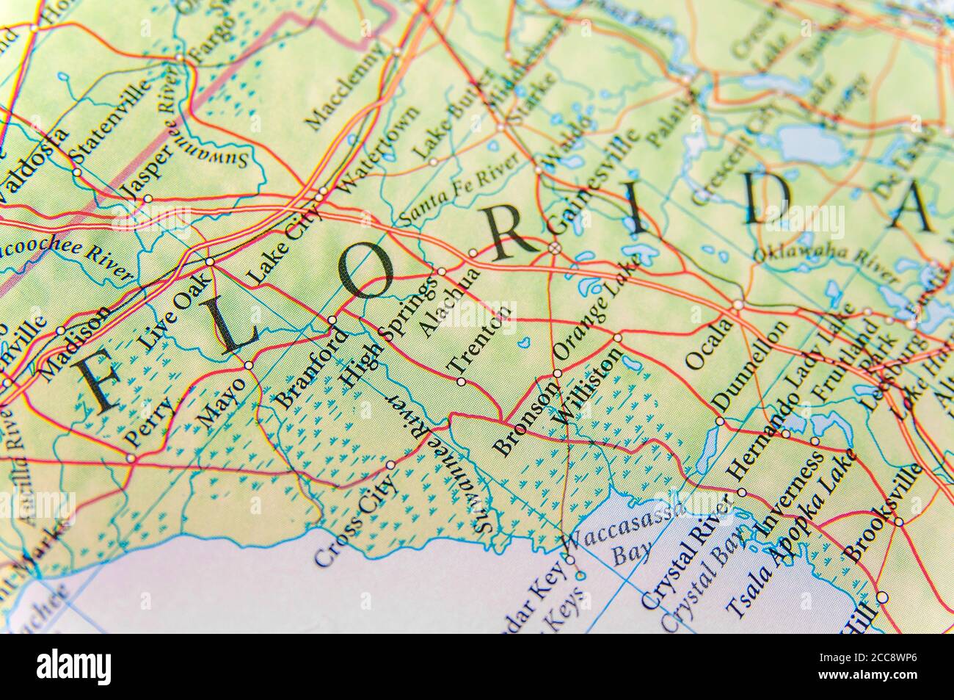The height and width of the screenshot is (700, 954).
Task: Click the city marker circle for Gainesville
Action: [x=555, y=248]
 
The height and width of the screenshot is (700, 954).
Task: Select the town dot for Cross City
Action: [x=390, y=464]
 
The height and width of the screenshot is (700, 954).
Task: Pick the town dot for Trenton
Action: [x=461, y=381]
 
